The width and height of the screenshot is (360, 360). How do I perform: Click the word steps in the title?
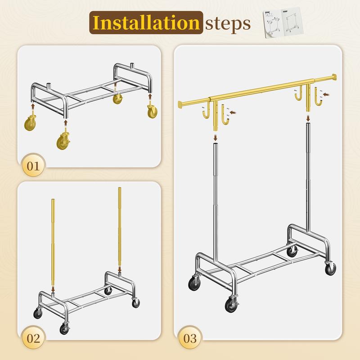click(x=228, y=23)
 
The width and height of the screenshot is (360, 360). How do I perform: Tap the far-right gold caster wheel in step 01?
click(x=152, y=111)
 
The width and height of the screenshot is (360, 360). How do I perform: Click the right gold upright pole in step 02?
click(x=120, y=225)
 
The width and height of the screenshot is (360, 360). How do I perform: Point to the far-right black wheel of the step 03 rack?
click(x=331, y=269)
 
